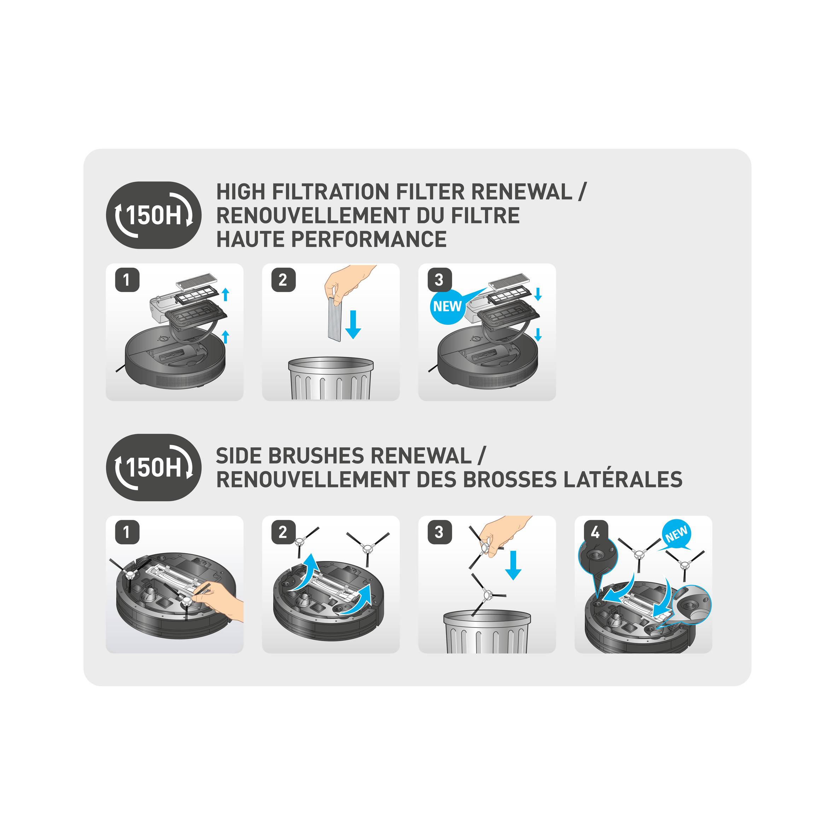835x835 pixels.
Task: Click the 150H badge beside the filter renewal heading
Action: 153,215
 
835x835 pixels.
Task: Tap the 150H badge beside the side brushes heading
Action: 153,467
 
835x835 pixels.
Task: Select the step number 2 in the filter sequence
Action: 283,280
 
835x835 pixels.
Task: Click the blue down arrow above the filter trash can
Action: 353,324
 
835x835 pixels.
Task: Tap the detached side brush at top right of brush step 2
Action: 367,548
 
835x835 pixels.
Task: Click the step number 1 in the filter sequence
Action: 127,280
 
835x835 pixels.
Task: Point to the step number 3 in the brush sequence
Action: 439,532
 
